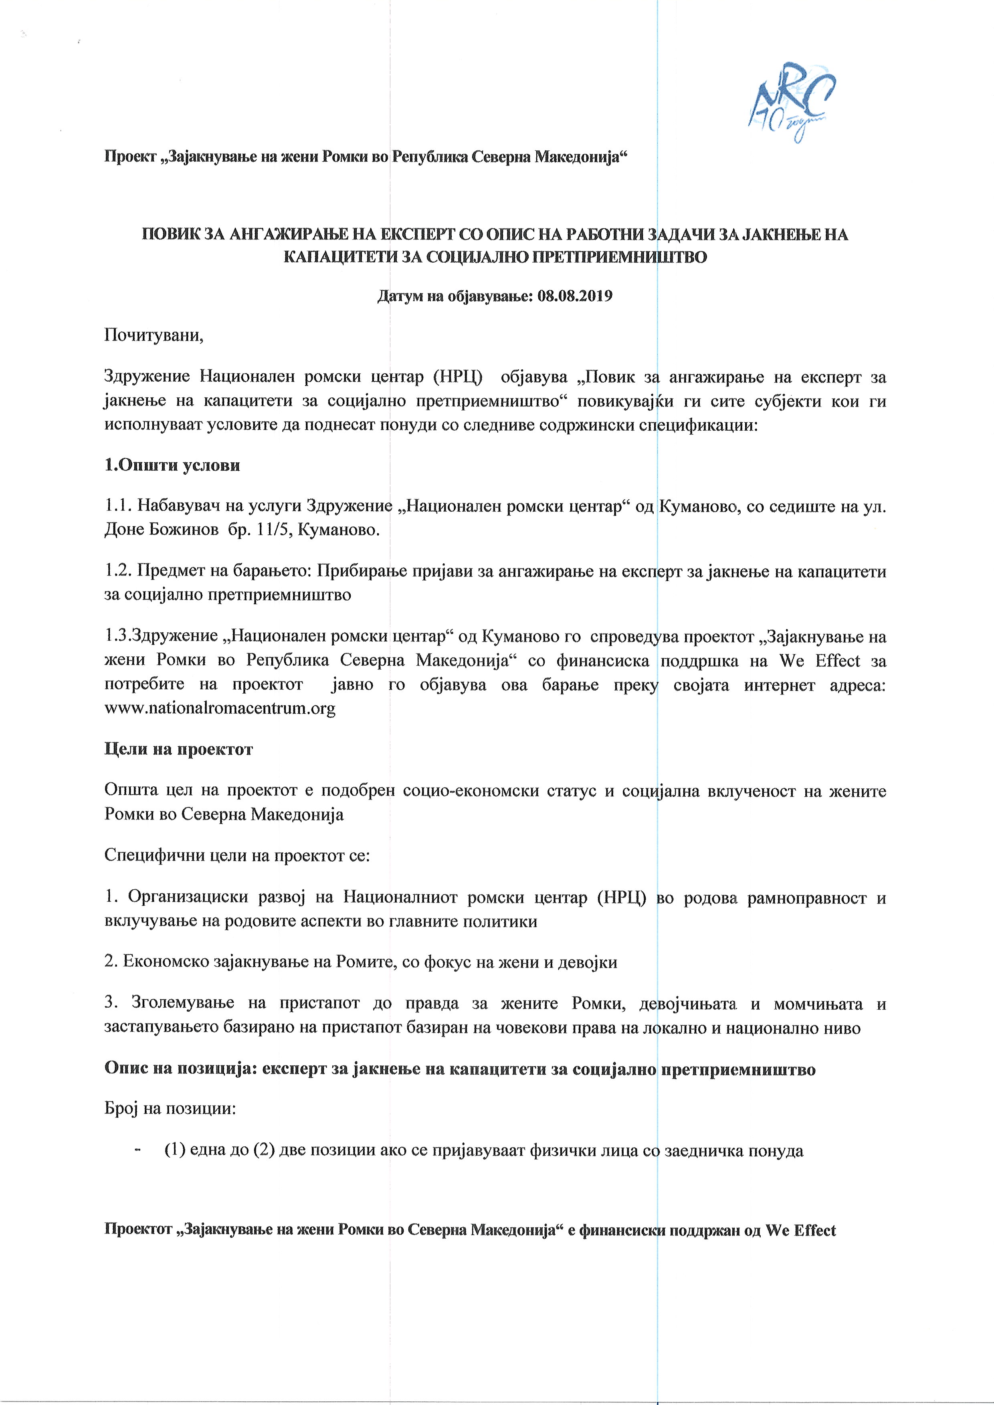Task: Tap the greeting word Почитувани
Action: click(x=154, y=336)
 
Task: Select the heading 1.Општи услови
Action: click(x=172, y=465)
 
